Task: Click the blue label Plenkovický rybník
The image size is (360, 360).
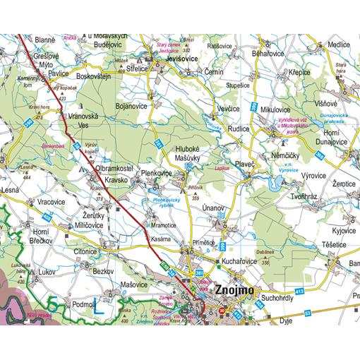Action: point(169,205)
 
